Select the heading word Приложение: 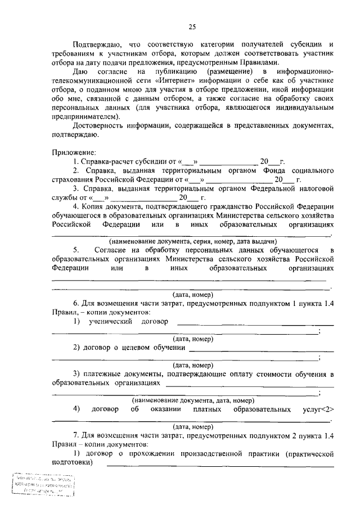coord(74,152)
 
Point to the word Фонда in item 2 coord(272,170)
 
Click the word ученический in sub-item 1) coord(111,322)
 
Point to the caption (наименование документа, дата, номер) coord(192,400)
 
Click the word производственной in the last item coord(214,453)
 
